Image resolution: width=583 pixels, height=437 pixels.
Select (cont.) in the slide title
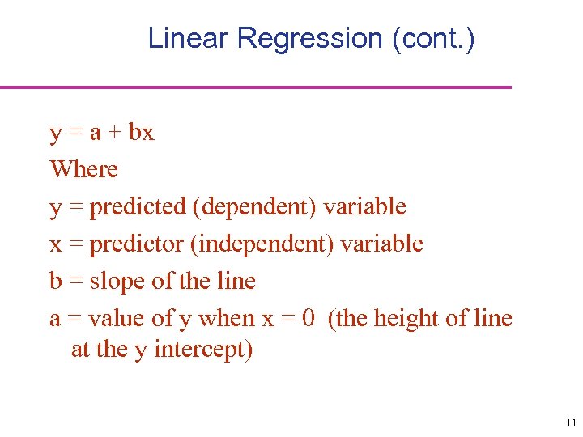[x=433, y=38]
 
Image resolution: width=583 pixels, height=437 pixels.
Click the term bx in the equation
[x=141, y=132]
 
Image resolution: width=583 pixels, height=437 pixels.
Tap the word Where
[x=83, y=169]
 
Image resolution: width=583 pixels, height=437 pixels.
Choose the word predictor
[x=135, y=244]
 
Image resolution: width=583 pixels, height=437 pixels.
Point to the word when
[x=227, y=318]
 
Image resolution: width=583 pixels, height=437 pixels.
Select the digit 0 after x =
[x=308, y=318]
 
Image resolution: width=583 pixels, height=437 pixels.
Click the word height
[x=406, y=318]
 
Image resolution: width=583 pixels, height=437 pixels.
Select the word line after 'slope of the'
[x=237, y=281]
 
